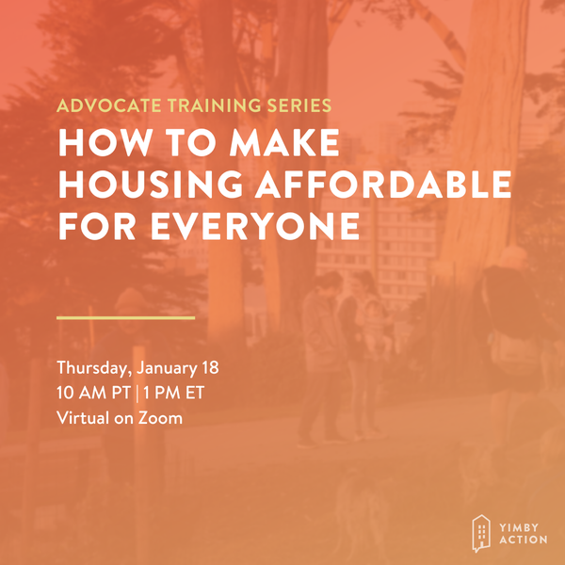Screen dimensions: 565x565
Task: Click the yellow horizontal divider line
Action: point(125,317)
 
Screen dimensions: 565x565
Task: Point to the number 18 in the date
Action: point(211,366)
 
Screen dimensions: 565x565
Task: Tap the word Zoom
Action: point(160,417)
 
